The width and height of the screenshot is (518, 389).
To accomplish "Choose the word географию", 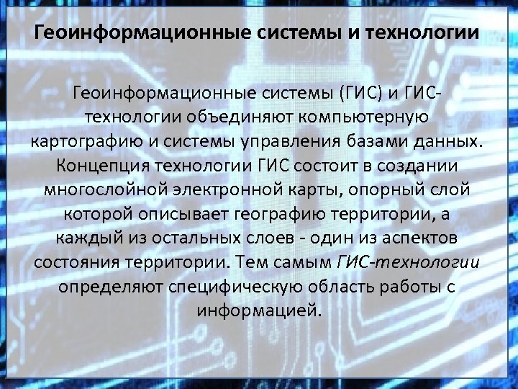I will coord(286,213).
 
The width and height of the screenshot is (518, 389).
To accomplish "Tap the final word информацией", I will coord(259,311).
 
